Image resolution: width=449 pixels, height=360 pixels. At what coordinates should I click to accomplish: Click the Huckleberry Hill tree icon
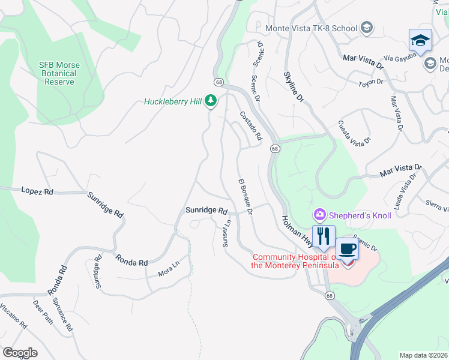click(210, 101)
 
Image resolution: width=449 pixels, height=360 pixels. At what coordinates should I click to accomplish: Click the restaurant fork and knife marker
click(324, 237)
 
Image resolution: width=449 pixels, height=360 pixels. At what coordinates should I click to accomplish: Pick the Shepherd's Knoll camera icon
click(319, 215)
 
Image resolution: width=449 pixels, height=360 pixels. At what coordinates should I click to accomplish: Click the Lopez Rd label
click(37, 191)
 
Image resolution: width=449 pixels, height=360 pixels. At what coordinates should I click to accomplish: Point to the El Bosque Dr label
click(245, 196)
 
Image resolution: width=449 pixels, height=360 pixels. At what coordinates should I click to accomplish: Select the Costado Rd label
click(251, 126)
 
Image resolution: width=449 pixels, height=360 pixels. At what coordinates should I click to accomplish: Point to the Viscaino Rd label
click(13, 316)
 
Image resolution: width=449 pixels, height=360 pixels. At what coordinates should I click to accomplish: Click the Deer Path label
click(43, 312)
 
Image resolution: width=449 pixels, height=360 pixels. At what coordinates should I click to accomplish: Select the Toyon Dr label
click(370, 82)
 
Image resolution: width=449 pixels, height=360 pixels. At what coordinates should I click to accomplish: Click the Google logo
click(20, 353)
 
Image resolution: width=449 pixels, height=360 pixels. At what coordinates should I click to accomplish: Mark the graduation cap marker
click(420, 41)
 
